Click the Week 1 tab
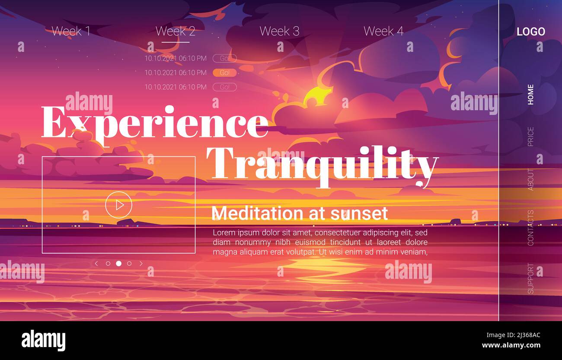[x=71, y=31]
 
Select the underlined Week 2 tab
[x=175, y=31]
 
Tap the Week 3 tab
[x=279, y=31]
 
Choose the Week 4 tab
[x=383, y=31]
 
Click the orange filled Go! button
[x=224, y=73]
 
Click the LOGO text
[x=530, y=32]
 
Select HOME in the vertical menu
[x=530, y=94]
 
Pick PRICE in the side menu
[x=530, y=136]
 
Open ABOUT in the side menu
[x=530, y=179]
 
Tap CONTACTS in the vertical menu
[x=530, y=228]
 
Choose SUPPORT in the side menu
[x=530, y=278]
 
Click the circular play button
[x=118, y=205]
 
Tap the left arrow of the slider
[x=96, y=264]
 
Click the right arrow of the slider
[x=141, y=264]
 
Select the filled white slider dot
[x=118, y=264]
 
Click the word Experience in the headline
[x=154, y=122]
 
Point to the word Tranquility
[x=322, y=163]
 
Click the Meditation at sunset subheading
[x=300, y=213]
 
